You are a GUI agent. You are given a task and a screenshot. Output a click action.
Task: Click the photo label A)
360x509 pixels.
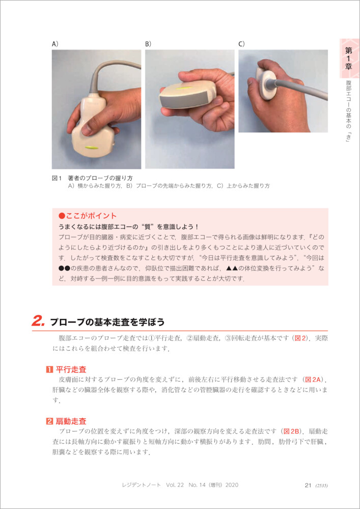point(55,44)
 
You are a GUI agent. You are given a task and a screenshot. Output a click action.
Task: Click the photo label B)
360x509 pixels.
point(148,44)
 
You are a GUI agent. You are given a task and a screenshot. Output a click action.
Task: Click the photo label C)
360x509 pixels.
point(241,44)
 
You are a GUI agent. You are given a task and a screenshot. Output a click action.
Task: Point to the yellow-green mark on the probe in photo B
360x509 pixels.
point(182,89)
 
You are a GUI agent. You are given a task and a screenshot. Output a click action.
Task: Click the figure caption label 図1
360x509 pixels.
point(57,178)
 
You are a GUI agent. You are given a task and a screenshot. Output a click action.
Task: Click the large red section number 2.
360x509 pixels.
point(39,321)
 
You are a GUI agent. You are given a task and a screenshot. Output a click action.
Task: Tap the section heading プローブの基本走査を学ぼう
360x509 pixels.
point(107,322)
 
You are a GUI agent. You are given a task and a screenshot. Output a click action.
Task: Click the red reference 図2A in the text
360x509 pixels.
point(313,379)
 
